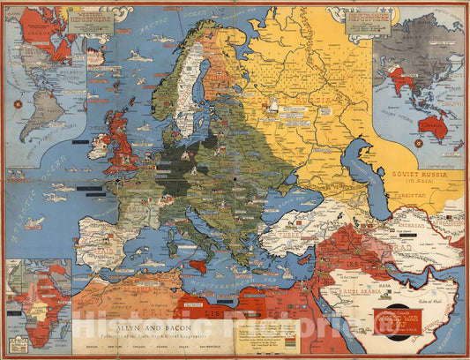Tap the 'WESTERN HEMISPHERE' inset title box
[x=88, y=21]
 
